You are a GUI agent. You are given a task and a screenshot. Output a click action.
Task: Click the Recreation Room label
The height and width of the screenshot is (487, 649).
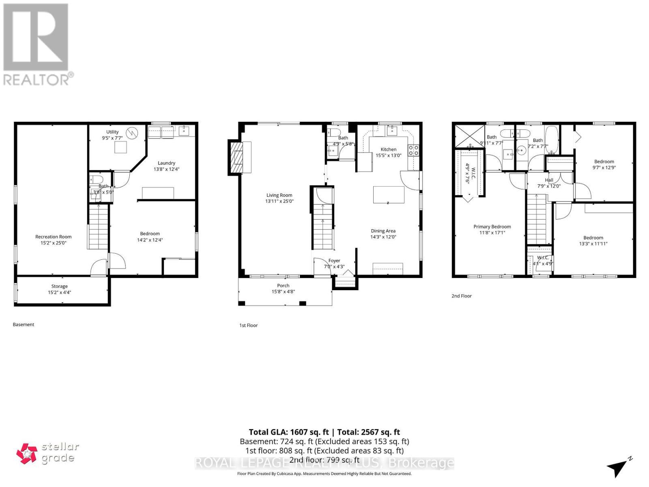tap(53, 237)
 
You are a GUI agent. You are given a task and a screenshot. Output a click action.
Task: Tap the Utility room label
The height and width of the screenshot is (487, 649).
tap(112, 132)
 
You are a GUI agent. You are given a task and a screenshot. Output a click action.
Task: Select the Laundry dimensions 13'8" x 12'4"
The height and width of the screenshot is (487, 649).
tap(166, 169)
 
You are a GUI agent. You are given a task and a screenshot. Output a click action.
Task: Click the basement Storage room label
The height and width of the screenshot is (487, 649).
tap(59, 286)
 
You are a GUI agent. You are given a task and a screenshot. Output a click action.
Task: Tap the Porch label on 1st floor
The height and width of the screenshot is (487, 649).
tap(283, 285)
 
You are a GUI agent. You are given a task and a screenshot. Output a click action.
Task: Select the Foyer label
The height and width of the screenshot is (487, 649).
tap(334, 261)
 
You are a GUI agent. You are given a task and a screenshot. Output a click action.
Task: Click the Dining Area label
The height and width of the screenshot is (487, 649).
tap(383, 231)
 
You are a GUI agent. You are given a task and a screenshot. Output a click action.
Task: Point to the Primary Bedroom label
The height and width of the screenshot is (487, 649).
tap(492, 226)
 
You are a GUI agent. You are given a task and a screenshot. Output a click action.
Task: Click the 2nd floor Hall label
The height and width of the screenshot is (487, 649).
tap(549, 180)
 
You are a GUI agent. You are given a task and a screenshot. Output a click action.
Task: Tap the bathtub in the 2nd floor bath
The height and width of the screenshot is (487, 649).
tap(552, 140)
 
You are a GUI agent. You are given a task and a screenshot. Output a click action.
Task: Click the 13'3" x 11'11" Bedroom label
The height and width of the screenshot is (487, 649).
tap(593, 238)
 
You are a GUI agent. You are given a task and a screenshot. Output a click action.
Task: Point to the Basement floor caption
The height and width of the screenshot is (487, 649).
tap(24, 324)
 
